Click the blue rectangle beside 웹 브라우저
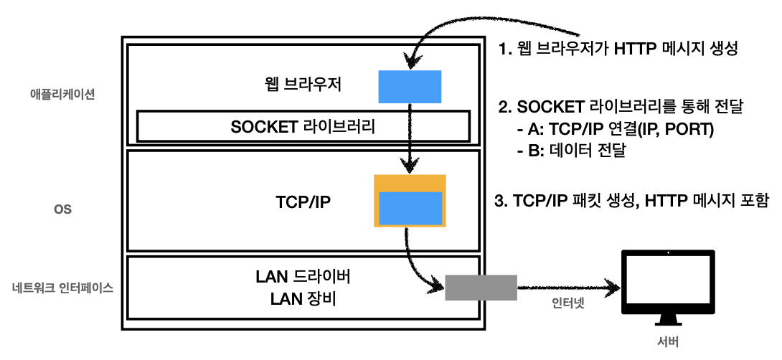coord(410,87)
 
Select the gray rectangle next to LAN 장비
coord(481,288)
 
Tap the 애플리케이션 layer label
coord(62,94)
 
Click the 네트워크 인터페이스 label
coord(63,288)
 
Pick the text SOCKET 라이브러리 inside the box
coord(303,127)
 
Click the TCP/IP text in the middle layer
coord(303,202)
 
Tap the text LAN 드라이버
coord(303,278)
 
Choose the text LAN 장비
coord(303,299)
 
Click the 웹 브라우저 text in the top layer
coord(303,85)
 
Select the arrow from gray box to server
coord(568,288)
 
